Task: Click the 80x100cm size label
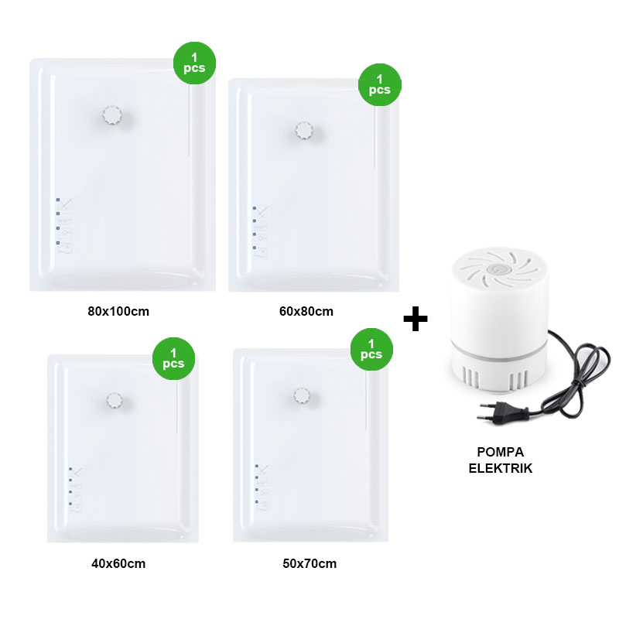[118, 312]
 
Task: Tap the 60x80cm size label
[306, 312]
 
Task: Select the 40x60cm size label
[118, 563]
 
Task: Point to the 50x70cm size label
[310, 563]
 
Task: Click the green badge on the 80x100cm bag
[195, 63]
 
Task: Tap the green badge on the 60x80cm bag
[380, 85]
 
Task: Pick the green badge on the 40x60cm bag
[173, 358]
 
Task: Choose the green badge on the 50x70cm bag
[372, 349]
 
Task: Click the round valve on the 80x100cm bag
[112, 115]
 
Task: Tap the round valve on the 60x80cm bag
[304, 130]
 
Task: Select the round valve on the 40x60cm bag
[115, 401]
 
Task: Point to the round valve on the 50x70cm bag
[302, 395]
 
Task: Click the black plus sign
[416, 319]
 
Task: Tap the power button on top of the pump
[494, 269]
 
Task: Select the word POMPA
[500, 452]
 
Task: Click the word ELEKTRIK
[500, 468]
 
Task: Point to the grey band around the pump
[499, 349]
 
